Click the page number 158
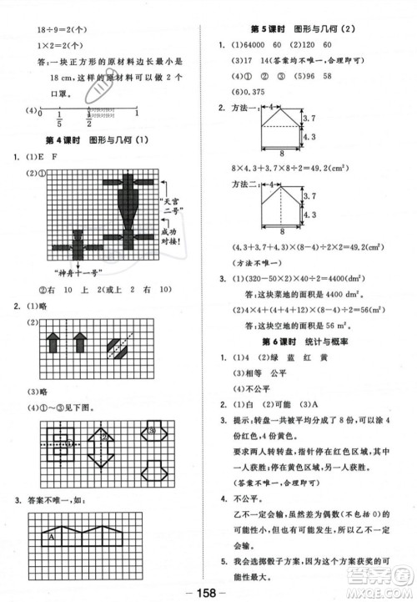coord(208,591)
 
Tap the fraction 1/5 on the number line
coord(60,117)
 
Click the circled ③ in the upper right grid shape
coord(154,432)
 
